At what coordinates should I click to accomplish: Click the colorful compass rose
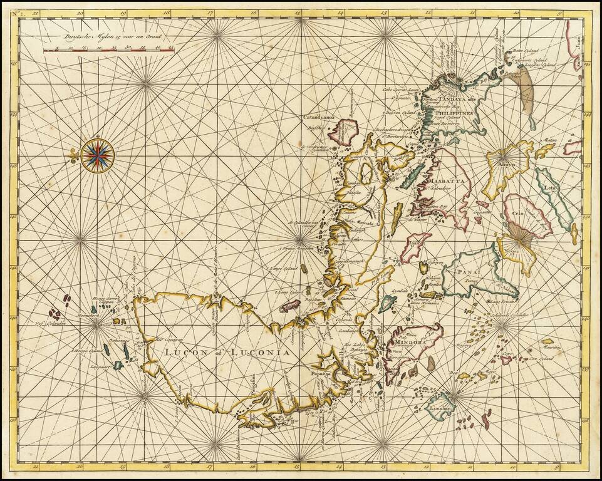tap(97, 154)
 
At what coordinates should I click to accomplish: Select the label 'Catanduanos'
tap(320, 116)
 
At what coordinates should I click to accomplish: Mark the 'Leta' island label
tap(550, 187)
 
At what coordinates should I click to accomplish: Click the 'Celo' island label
tap(517, 214)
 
